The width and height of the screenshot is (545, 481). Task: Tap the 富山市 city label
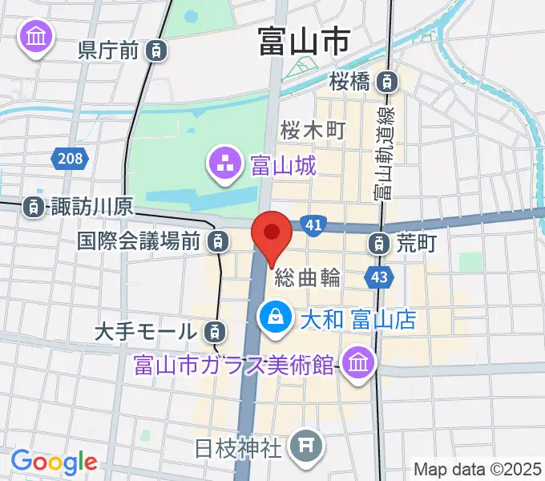303,41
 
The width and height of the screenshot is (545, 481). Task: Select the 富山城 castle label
283,167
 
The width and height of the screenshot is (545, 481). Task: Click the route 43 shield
379,277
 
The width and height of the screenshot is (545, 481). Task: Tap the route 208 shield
71,159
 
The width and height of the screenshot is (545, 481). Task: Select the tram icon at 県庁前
158,51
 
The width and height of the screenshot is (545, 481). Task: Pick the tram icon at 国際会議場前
215,240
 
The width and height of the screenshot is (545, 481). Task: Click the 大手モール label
144,330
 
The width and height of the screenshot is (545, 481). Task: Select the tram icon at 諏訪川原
33,207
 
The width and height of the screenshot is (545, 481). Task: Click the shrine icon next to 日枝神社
305,442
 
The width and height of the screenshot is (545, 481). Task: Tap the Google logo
54,461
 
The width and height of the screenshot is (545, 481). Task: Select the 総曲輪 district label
308,278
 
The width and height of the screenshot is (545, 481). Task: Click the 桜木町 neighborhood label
313,129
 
